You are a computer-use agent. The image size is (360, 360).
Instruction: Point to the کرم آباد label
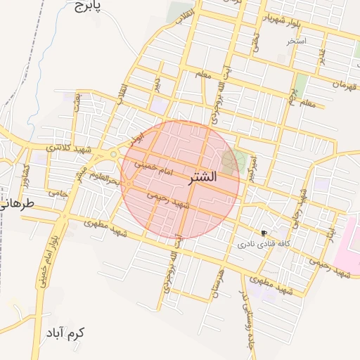(67, 333)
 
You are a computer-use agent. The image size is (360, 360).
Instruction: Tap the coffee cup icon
(264, 233)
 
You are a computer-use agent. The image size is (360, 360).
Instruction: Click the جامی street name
(56, 192)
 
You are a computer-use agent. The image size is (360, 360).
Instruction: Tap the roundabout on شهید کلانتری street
(112, 154)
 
